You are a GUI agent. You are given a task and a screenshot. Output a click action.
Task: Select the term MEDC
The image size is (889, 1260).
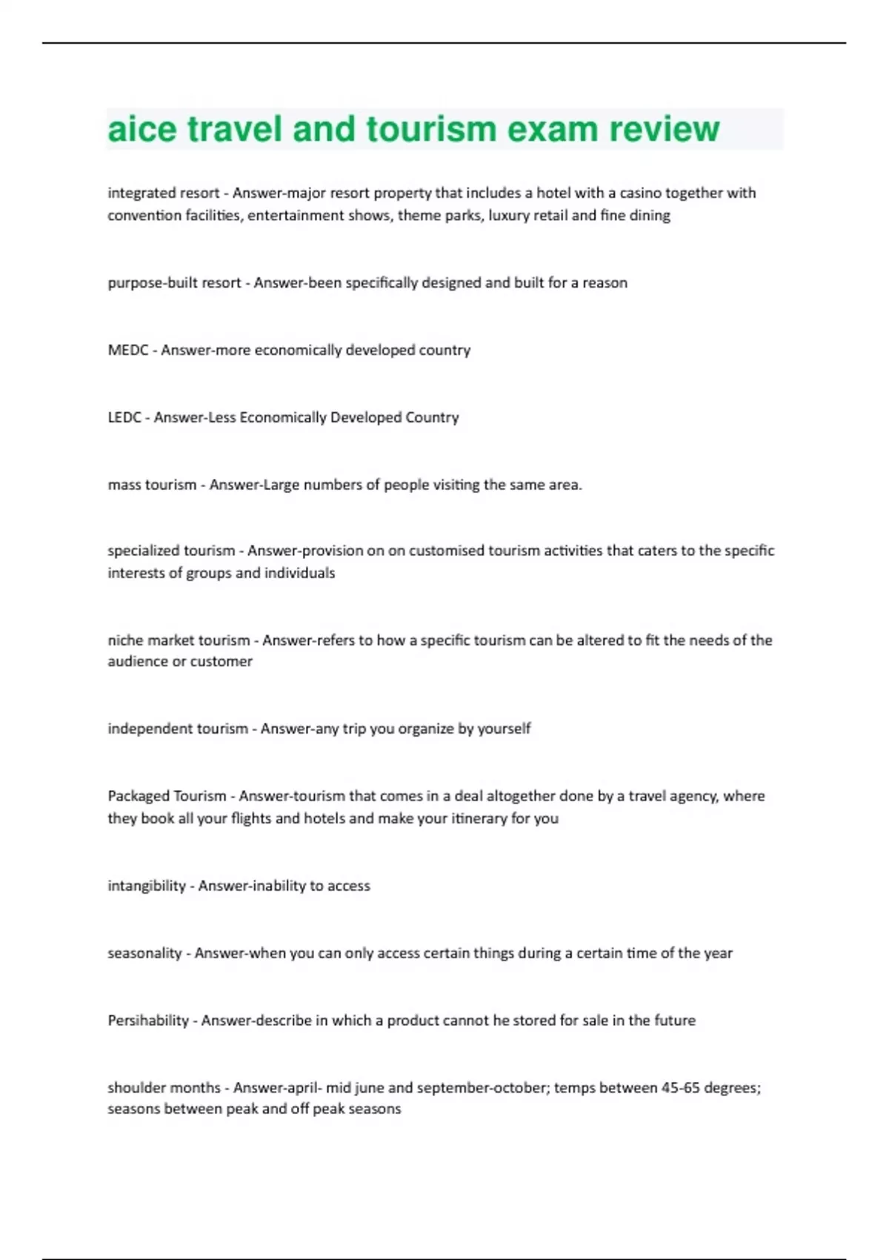click(128, 350)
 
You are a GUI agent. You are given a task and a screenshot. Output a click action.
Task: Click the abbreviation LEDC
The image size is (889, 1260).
click(124, 417)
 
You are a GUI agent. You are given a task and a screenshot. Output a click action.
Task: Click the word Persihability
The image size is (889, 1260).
click(148, 1021)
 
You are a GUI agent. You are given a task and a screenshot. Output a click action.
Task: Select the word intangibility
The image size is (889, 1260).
click(147, 886)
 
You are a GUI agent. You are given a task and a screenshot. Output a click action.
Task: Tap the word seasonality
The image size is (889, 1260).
click(144, 953)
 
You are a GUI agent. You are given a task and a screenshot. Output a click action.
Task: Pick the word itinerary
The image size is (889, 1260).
click(479, 818)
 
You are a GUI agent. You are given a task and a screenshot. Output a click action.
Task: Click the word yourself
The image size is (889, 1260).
click(504, 729)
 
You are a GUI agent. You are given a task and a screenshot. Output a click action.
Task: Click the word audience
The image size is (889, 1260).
click(137, 661)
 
